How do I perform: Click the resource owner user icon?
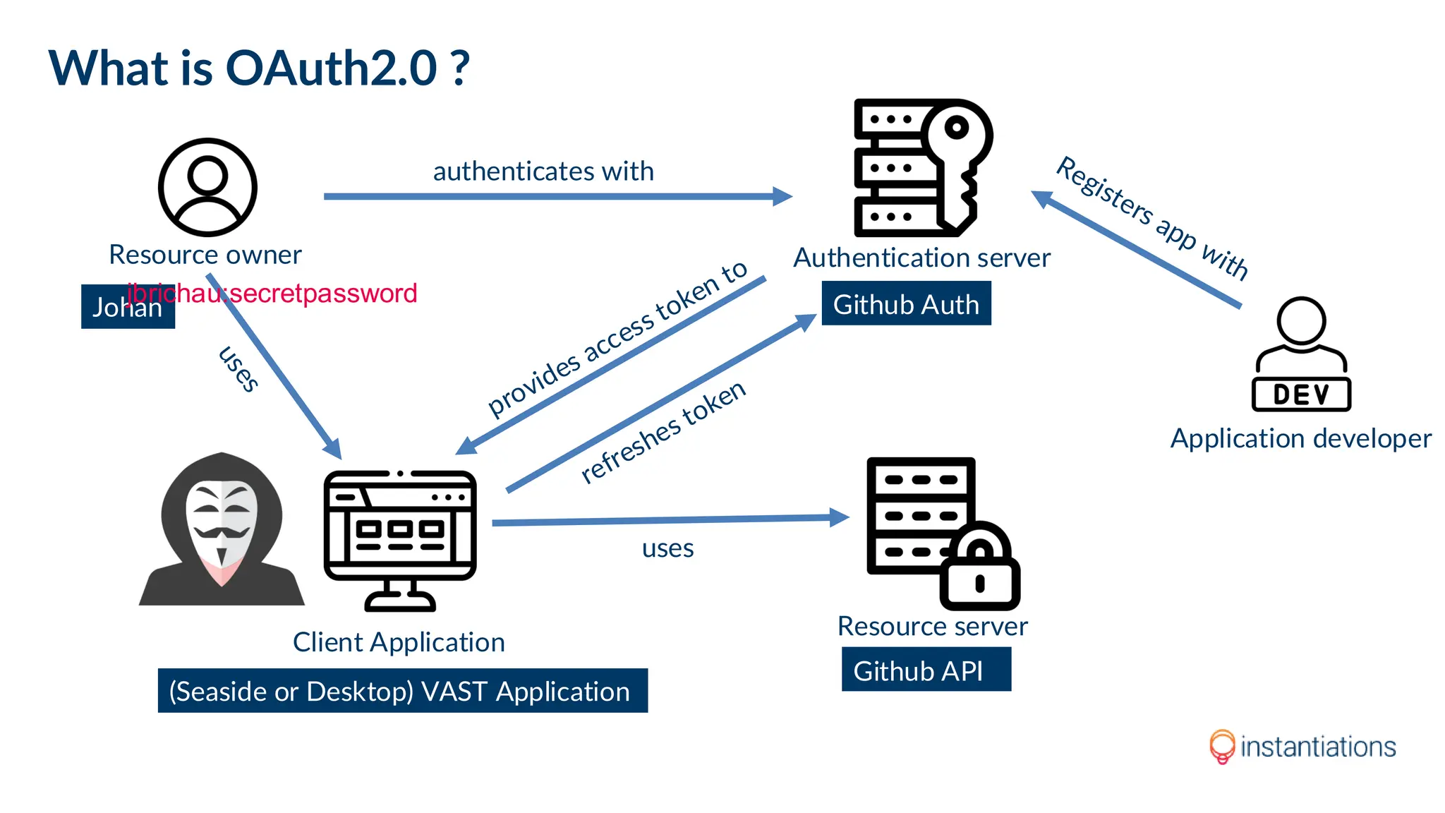point(207,187)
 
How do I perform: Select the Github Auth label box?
point(906,304)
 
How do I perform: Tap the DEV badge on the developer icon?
point(1301,395)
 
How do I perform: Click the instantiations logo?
point(1302,747)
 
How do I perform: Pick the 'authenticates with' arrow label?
point(543,171)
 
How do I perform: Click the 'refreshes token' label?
point(663,431)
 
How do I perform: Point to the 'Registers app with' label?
point(1152,217)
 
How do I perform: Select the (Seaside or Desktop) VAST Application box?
point(402,691)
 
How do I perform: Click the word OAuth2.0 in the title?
point(332,68)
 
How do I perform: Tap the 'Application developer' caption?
point(1300,439)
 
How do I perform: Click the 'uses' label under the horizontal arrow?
point(667,548)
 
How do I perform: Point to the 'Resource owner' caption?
point(205,255)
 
